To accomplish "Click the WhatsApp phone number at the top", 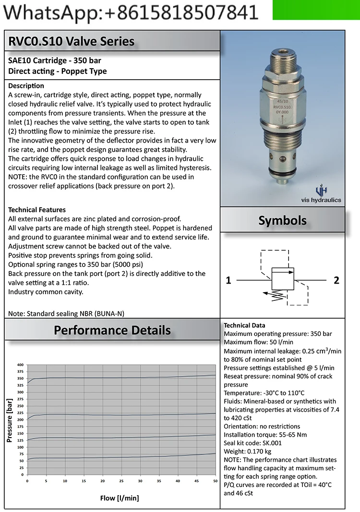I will pos(130,12).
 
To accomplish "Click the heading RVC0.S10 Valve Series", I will pos(72,41).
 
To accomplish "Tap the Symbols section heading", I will pos(282,220).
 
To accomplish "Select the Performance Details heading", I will pos(112,330).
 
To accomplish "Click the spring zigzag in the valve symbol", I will pos(277,295).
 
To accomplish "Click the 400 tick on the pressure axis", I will pos(20,365).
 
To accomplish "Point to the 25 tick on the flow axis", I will pos(121,481).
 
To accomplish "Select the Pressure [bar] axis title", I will pos(9,420).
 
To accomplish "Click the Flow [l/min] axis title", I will pos(120,498).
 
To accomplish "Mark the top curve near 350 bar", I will pos(120,377).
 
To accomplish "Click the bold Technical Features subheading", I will pos(37,210).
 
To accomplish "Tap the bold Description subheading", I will pos(26,86).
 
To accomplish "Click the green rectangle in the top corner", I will pos(316,10).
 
